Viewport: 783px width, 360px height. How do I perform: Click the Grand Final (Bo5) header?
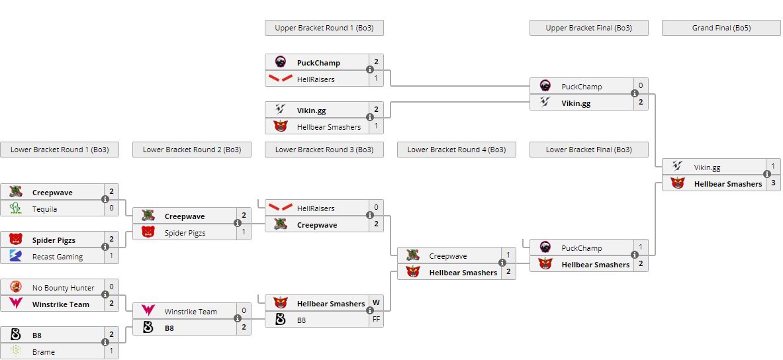(x=721, y=28)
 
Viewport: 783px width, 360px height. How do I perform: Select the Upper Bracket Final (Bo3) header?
(x=588, y=28)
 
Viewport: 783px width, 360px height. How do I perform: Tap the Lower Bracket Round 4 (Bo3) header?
(x=456, y=150)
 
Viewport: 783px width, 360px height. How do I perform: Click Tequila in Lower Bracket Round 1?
(x=44, y=209)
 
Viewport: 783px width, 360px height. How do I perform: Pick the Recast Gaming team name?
(x=58, y=257)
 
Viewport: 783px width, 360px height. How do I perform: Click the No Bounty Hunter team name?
(x=63, y=288)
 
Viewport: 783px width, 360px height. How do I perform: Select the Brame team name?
(x=44, y=352)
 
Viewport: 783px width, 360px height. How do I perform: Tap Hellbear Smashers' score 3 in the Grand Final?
(x=773, y=183)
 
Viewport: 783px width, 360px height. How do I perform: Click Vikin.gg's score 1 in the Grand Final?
(x=773, y=167)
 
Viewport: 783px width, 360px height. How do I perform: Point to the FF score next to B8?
(x=376, y=320)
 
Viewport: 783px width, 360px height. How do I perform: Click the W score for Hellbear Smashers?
(x=376, y=303)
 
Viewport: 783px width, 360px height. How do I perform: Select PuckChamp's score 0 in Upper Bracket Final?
(x=641, y=86)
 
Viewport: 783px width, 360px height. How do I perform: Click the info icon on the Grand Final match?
(x=767, y=175)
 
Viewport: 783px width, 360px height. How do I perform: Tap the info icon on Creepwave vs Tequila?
(x=105, y=199)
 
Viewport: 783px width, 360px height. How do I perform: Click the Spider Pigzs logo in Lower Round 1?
(x=16, y=240)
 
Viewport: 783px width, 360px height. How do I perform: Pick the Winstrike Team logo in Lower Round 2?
(x=148, y=311)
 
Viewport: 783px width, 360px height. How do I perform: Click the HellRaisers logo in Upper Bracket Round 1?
(x=281, y=79)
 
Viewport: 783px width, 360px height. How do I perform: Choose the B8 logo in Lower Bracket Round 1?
(x=16, y=335)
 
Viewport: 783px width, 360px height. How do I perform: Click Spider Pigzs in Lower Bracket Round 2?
(x=185, y=233)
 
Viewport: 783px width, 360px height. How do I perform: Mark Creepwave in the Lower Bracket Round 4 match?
(x=447, y=256)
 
